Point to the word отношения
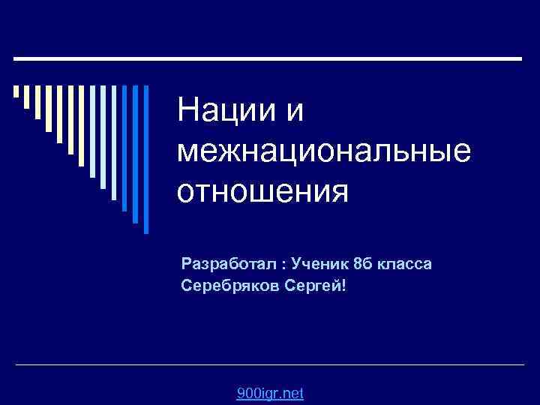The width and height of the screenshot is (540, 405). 263,192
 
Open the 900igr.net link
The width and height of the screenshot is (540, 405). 269,394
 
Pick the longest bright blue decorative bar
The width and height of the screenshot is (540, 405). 145,157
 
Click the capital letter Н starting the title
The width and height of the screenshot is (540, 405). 186,112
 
